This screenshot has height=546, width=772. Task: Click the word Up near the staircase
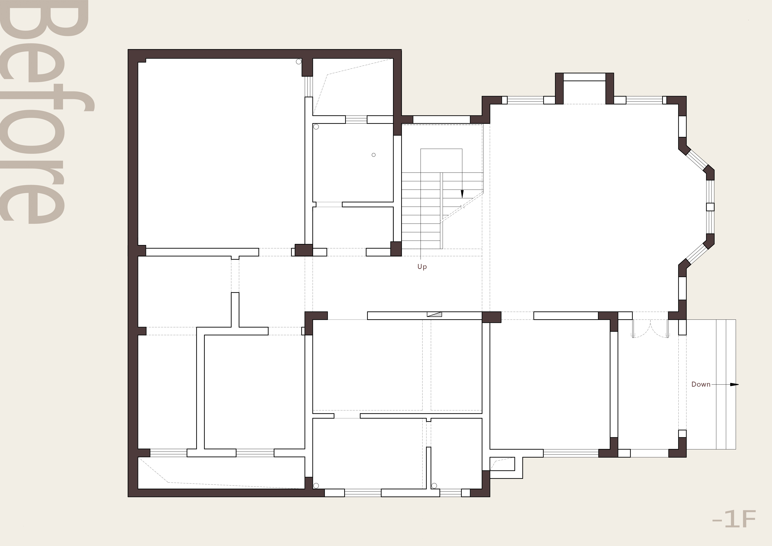422,267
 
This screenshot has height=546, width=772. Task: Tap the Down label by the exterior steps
701,384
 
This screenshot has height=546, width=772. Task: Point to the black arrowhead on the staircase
462,194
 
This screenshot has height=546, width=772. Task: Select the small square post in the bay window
710,207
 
